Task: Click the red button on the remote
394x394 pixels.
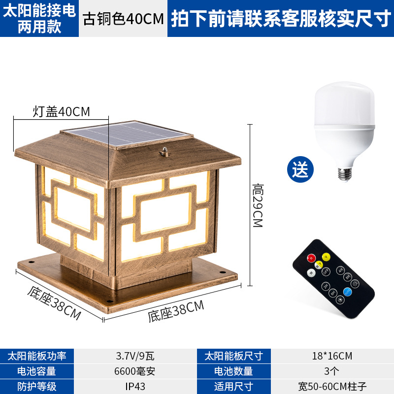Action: pyautogui.click(x=311, y=258)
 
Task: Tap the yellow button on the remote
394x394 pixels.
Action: pyautogui.click(x=326, y=256)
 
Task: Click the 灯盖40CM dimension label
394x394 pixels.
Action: pyautogui.click(x=62, y=111)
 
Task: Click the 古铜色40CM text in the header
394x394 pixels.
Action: pyautogui.click(x=123, y=19)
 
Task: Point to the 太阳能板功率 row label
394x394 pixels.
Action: pyautogui.click(x=36, y=356)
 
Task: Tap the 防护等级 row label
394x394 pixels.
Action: pyautogui.click(x=29, y=386)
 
